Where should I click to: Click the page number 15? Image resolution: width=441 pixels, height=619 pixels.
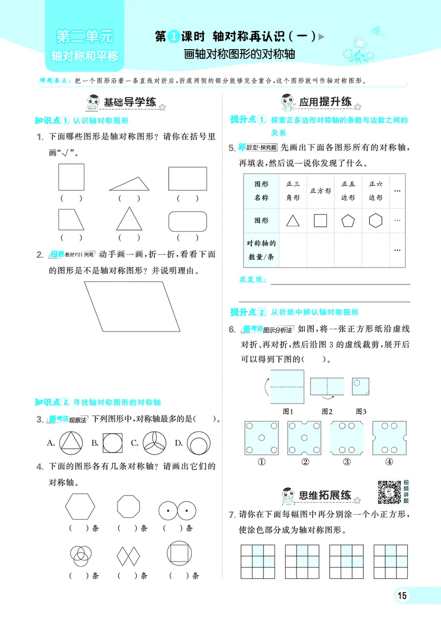point(402,596)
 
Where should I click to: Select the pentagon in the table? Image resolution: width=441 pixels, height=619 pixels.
point(348,221)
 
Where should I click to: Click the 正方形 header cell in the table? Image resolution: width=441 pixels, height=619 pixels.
point(320,190)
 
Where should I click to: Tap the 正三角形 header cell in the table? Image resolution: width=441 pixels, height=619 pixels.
point(292,190)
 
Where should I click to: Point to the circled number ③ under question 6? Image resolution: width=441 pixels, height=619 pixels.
point(347,462)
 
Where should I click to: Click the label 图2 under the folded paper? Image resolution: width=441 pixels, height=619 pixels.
point(327,411)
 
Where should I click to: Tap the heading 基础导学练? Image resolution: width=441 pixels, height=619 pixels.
point(131,102)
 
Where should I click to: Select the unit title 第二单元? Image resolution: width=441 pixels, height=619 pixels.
point(84,38)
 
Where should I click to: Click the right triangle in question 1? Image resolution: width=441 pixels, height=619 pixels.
point(130,182)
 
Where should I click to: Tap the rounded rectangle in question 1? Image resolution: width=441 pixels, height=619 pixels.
point(189,221)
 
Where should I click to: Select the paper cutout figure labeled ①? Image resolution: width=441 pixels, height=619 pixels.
point(261,439)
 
